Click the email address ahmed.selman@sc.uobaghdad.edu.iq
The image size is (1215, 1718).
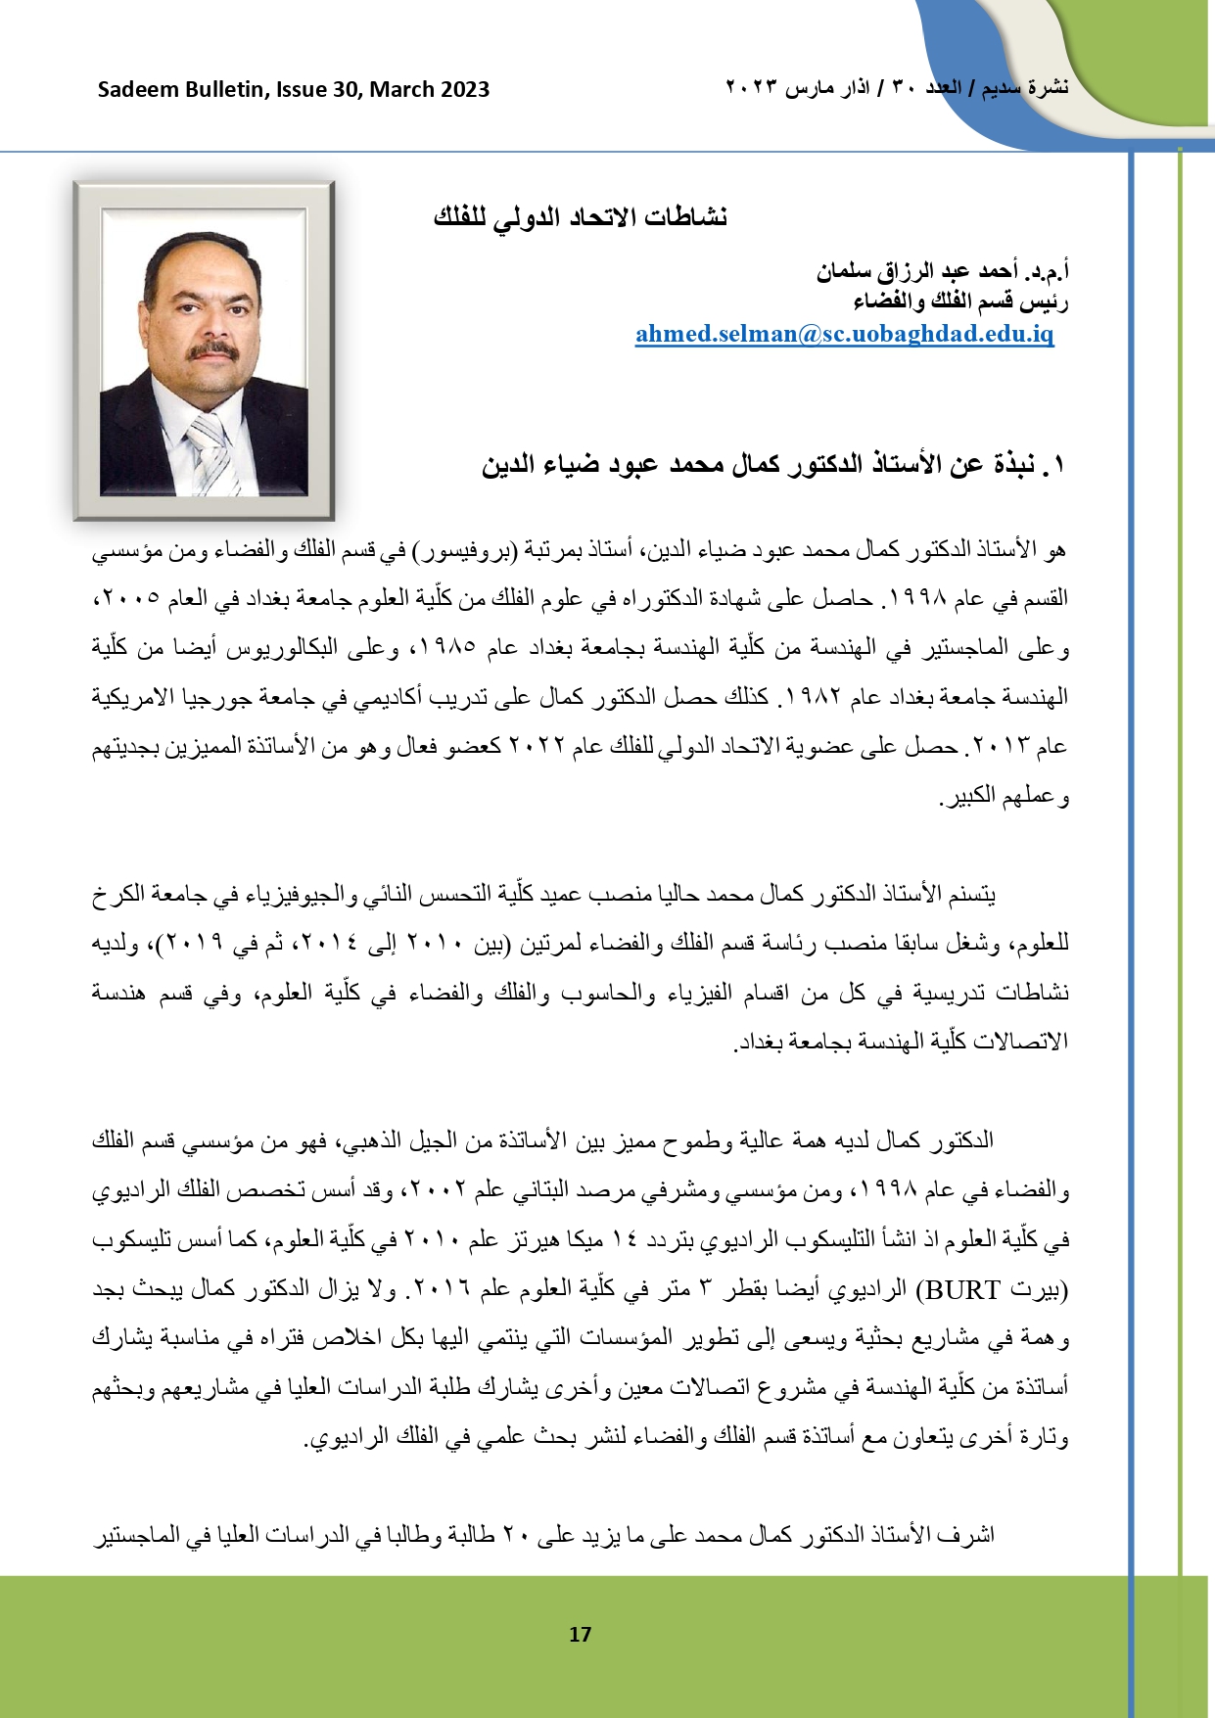(844, 334)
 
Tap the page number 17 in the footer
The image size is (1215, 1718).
(580, 1634)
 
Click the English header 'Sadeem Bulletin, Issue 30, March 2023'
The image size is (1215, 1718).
(294, 90)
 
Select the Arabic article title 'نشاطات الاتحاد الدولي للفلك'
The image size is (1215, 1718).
(581, 217)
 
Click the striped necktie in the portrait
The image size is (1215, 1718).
(211, 449)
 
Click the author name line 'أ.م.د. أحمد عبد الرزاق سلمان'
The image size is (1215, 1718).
(942, 270)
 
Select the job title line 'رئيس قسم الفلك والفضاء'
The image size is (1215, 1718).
(960, 301)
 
